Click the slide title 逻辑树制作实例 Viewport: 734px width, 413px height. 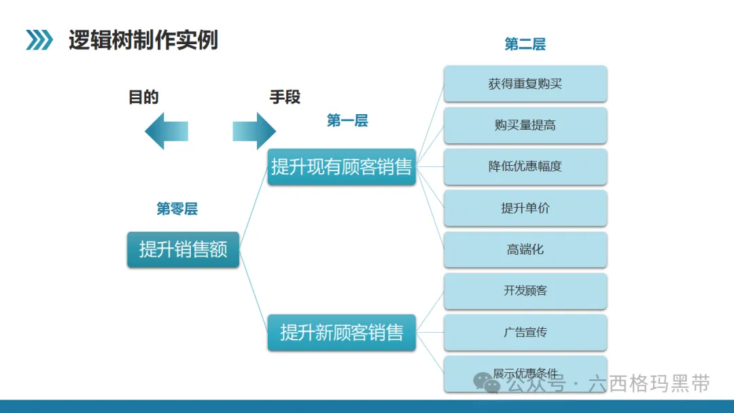coord(143,40)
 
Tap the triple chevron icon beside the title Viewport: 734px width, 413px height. coord(39,40)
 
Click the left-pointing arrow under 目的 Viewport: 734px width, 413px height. coord(167,131)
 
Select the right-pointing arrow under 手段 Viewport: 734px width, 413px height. coord(254,131)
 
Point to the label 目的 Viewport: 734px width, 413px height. coord(143,97)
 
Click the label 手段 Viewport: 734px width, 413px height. coord(285,97)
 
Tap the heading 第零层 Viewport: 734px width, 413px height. coord(177,209)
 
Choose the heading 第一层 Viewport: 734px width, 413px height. coord(347,121)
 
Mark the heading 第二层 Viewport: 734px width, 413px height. coord(525,44)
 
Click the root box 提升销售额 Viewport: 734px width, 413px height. coord(183,249)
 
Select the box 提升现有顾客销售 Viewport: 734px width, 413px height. coord(342,166)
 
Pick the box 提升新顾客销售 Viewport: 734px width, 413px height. coord(342,333)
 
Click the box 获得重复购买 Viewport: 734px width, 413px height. coord(525,84)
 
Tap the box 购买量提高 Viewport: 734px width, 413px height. coord(525,126)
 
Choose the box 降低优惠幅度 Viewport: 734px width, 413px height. coord(525,166)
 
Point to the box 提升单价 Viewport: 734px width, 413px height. coord(525,208)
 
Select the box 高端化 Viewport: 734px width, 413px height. coord(525,249)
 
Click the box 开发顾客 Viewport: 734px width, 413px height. coord(525,291)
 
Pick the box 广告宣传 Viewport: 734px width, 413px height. coord(525,333)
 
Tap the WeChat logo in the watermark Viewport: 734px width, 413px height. coord(487,383)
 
